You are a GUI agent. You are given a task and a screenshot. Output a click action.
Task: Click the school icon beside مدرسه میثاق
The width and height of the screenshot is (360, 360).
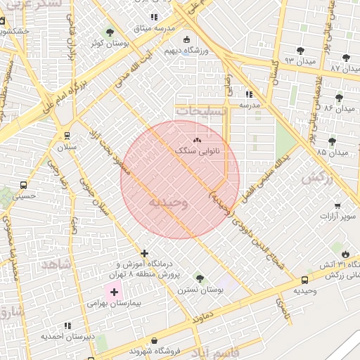pos(154,17)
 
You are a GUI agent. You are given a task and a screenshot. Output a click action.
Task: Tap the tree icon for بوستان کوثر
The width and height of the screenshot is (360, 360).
pos(109,32)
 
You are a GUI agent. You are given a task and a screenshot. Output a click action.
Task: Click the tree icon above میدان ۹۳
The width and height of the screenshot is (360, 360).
pos(300,51)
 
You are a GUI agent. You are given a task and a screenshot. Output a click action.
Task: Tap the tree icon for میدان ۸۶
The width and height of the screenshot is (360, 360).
pos(339,98)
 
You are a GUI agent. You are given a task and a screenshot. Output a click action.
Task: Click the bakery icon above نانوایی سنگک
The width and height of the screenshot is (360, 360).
pos(197,140)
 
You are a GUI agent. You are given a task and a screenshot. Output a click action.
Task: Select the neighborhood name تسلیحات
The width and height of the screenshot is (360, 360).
pos(201,111)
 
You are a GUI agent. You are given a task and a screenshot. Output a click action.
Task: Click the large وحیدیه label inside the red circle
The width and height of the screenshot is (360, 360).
pos(167,202)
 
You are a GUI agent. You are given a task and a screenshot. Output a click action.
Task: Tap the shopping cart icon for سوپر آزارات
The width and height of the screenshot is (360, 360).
pos(338,206)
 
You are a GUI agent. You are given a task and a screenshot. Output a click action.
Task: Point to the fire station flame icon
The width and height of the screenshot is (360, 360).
pos(345,254)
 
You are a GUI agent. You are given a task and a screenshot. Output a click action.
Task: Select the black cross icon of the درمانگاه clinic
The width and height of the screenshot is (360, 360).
pos(145,253)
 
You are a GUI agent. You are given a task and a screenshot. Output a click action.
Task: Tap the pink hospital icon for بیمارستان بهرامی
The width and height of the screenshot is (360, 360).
pos(115,291)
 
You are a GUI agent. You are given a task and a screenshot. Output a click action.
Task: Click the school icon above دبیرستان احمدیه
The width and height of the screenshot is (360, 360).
pos(67,326)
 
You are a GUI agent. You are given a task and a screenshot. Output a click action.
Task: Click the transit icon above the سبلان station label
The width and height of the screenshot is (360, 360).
pos(67,136)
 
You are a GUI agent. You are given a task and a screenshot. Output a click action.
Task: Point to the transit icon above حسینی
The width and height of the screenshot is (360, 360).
pos(24,186)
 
